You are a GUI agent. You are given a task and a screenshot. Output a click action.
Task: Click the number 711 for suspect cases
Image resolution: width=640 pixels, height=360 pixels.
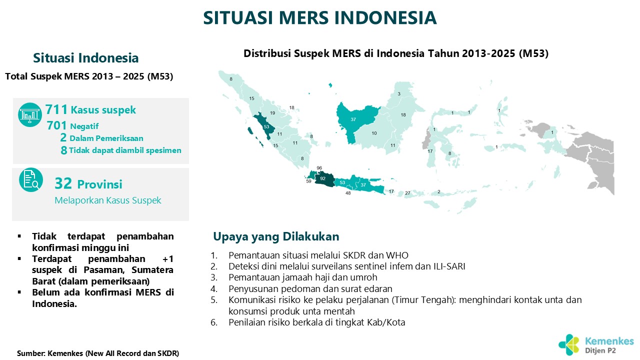pos(56,109)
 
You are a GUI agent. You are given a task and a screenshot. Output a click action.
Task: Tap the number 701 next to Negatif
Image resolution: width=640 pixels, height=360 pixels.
pos(57,125)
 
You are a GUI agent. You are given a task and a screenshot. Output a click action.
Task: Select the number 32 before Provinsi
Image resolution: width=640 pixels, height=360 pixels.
pos(63,183)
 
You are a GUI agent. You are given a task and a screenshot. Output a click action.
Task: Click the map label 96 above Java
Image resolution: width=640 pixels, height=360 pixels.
pos(319,168)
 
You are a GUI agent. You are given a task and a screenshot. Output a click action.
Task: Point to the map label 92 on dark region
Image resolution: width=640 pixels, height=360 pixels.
pos(322,178)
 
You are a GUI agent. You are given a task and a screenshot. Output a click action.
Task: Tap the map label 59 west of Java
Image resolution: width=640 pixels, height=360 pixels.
pos(308,181)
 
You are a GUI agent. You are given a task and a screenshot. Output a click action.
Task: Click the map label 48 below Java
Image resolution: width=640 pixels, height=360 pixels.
pos(348,193)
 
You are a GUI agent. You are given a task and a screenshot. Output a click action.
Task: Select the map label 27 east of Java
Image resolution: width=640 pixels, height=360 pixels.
pos(407,193)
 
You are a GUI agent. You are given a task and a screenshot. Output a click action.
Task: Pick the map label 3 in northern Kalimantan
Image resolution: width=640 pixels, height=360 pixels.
pos(399,93)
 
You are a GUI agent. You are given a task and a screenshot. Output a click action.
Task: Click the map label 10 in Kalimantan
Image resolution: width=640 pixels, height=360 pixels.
pos(374,133)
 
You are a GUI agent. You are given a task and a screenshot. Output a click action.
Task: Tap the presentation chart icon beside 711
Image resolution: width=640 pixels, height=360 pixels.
pos(30,114)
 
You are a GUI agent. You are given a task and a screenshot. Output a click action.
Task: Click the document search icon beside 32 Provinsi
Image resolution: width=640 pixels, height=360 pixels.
pos(31,179)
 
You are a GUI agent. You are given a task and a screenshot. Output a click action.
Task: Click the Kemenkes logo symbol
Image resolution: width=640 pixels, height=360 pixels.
pos(568,344)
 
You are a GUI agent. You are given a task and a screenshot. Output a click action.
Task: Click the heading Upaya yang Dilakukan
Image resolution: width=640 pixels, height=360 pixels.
pos(276,236)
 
